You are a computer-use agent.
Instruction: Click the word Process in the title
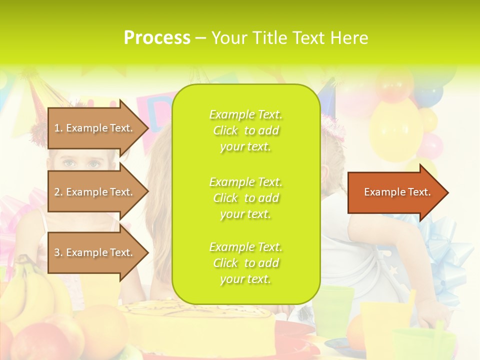click(x=157, y=38)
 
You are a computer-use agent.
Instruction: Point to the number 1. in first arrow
click(x=58, y=128)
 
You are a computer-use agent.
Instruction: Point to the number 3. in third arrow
click(x=58, y=253)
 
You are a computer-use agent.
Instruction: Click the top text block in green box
click(x=245, y=130)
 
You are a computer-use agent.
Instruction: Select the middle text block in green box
click(x=245, y=198)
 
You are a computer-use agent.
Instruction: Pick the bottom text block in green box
click(x=245, y=263)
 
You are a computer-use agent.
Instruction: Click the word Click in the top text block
click(x=225, y=130)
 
